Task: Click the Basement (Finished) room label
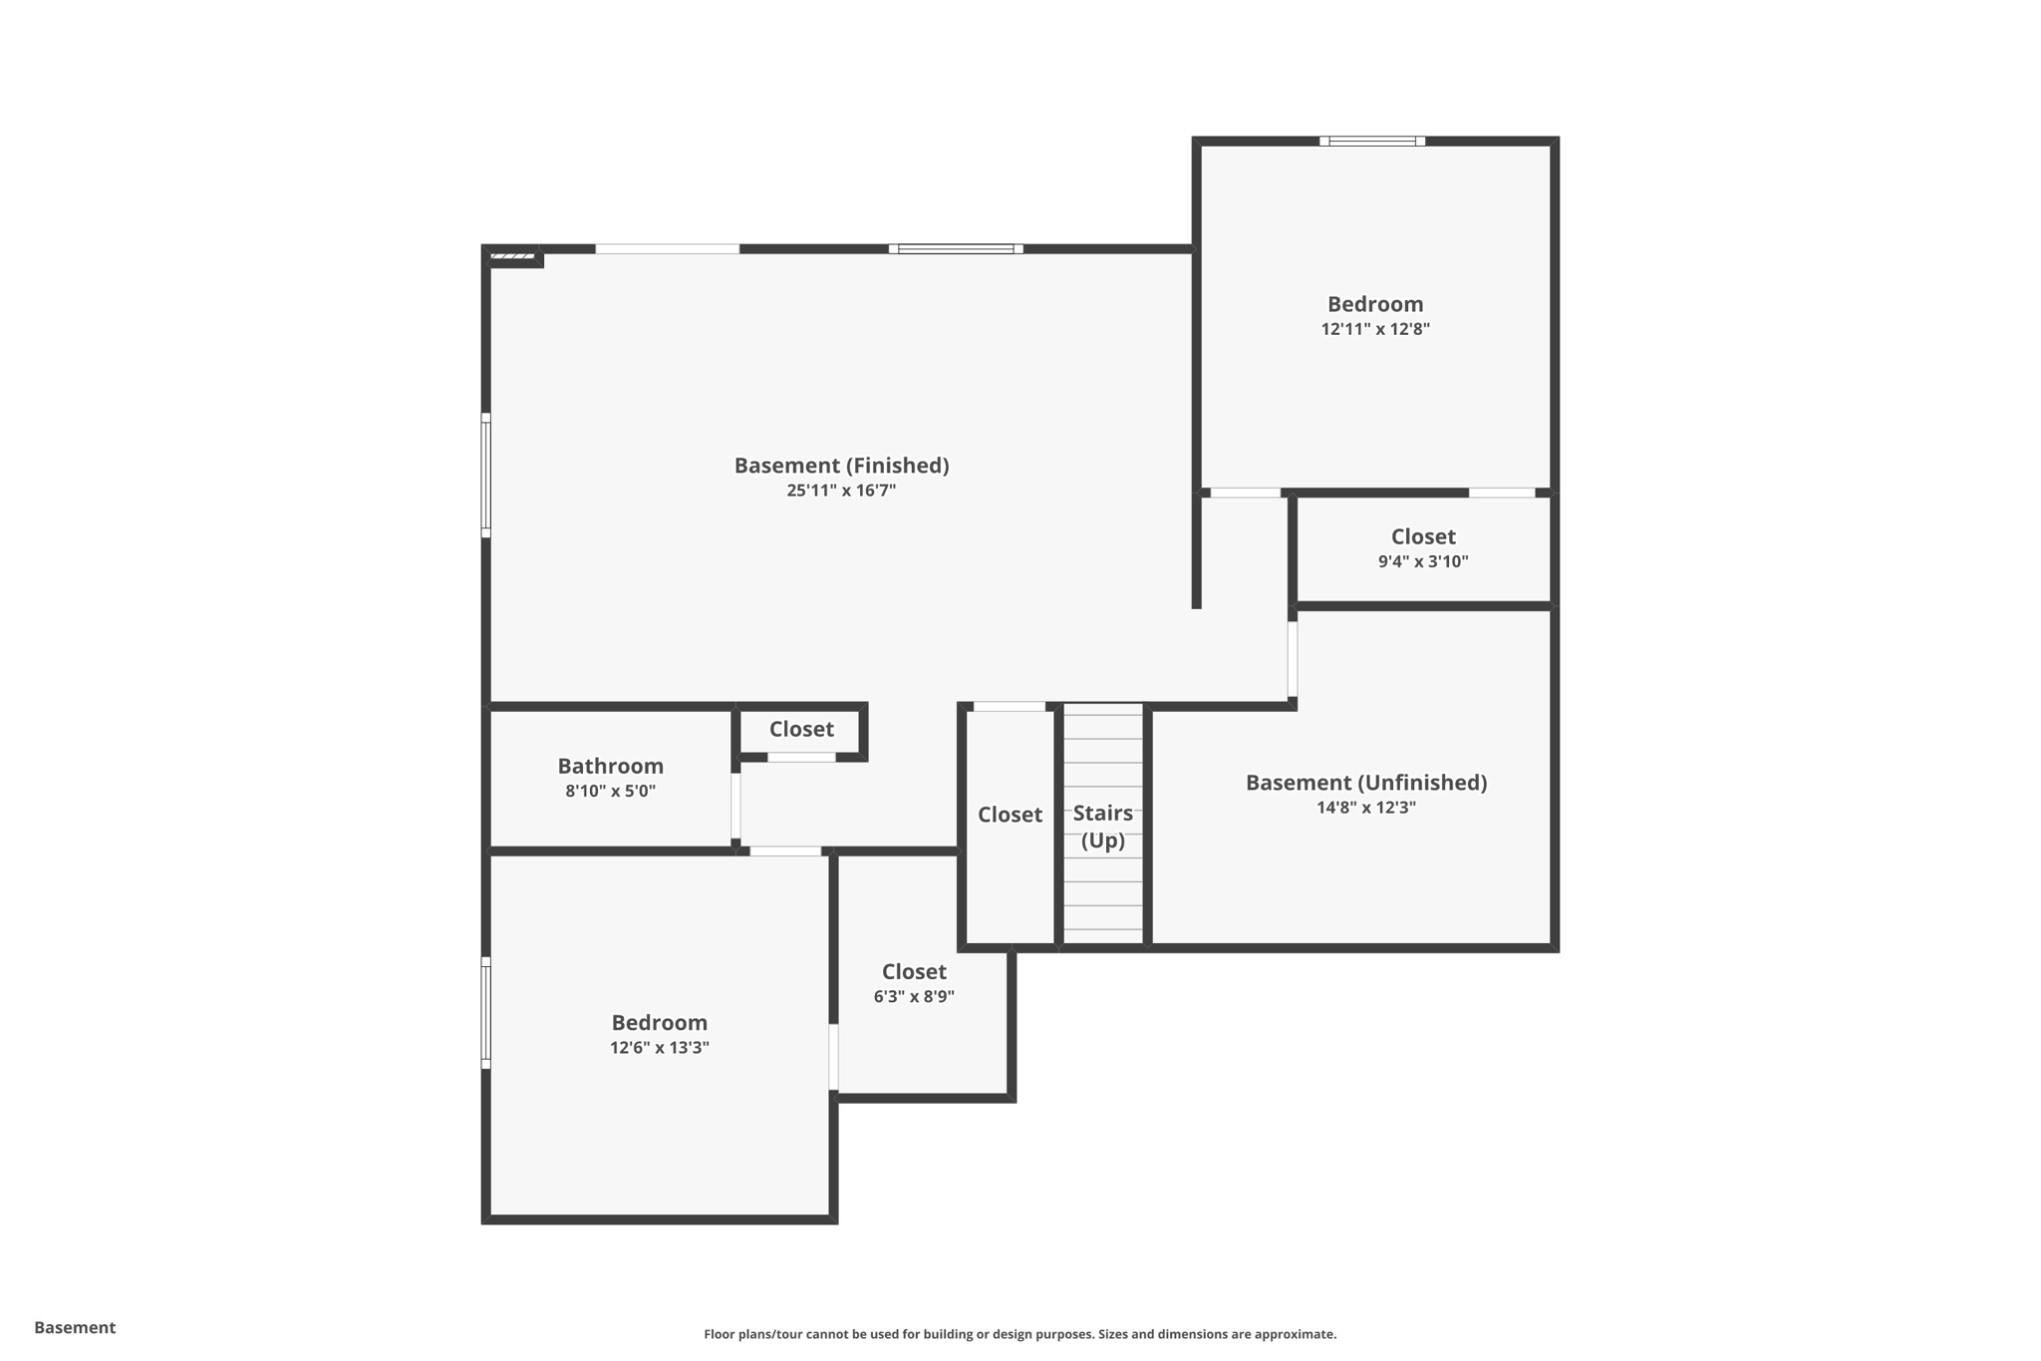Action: [841, 466]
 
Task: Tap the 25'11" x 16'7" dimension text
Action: [841, 491]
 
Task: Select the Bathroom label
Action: [610, 766]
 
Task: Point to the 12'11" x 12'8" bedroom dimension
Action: [1375, 329]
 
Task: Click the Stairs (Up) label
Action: [1102, 827]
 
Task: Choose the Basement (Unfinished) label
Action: [1365, 783]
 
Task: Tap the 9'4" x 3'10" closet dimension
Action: [1423, 561]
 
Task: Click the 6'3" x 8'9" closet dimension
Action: [914, 996]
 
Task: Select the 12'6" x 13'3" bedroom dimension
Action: [660, 1047]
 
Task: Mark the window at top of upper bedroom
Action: [1372, 142]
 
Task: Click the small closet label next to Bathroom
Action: [801, 729]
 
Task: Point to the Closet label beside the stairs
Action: [1010, 815]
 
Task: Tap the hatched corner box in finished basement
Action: [513, 257]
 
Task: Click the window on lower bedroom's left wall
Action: [486, 1013]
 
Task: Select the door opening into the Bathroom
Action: [736, 806]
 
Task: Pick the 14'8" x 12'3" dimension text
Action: [1365, 808]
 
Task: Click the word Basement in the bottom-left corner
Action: [75, 1327]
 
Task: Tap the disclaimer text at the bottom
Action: [1020, 1334]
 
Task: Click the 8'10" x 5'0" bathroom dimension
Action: [610, 792]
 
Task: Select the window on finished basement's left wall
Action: [486, 476]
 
